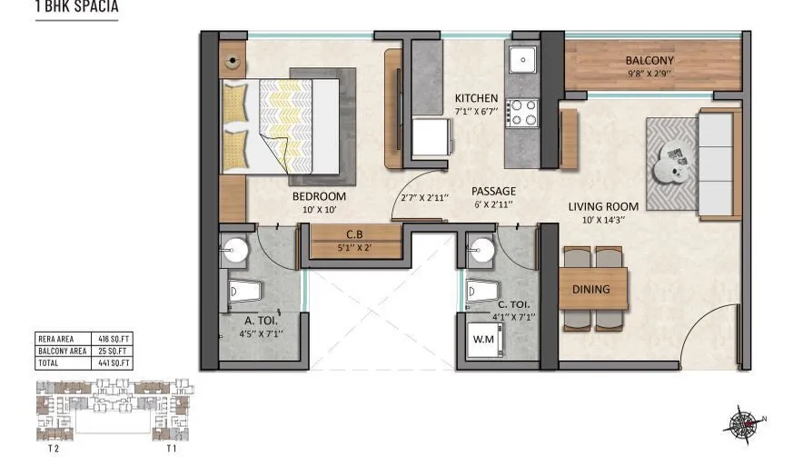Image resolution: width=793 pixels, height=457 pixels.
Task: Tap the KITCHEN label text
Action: (x=476, y=98)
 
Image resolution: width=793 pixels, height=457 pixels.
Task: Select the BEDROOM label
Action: (x=319, y=196)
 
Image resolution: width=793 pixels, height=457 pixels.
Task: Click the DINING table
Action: (x=590, y=290)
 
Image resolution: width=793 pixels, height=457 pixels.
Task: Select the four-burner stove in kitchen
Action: (x=523, y=112)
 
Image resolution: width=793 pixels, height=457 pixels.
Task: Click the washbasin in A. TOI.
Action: (x=236, y=251)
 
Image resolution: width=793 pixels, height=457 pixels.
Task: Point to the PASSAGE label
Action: (x=493, y=192)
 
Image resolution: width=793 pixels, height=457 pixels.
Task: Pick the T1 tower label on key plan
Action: (x=170, y=448)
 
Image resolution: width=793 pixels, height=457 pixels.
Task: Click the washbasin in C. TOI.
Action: (x=481, y=250)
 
